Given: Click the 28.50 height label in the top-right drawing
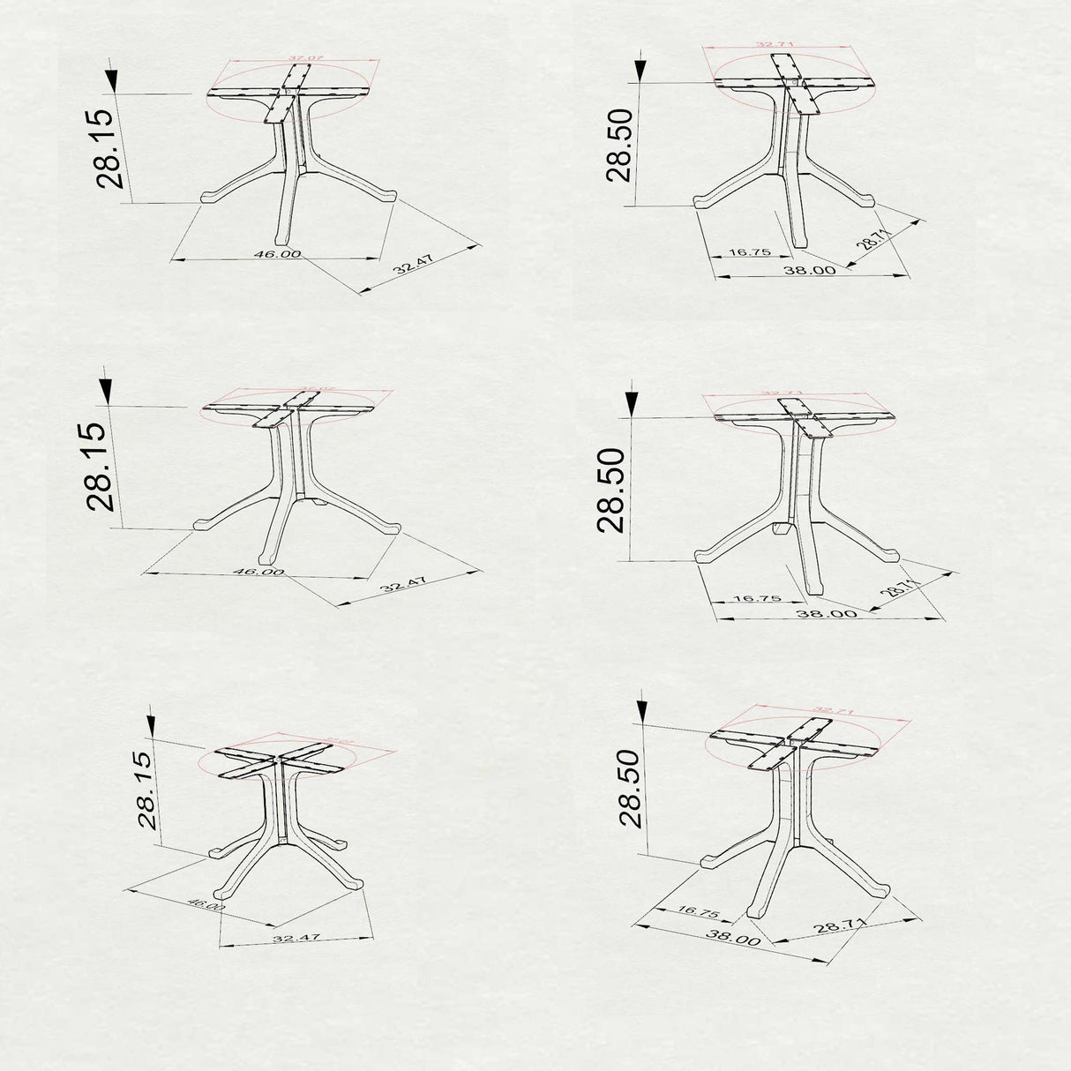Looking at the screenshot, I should pos(618,145).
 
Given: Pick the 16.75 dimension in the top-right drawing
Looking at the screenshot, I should pos(751,252).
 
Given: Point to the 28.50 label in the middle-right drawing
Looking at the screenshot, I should pos(610,490).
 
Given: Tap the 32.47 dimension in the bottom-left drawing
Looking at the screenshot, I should pos(296,939).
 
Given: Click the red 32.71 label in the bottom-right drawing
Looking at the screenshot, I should pos(833,710).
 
